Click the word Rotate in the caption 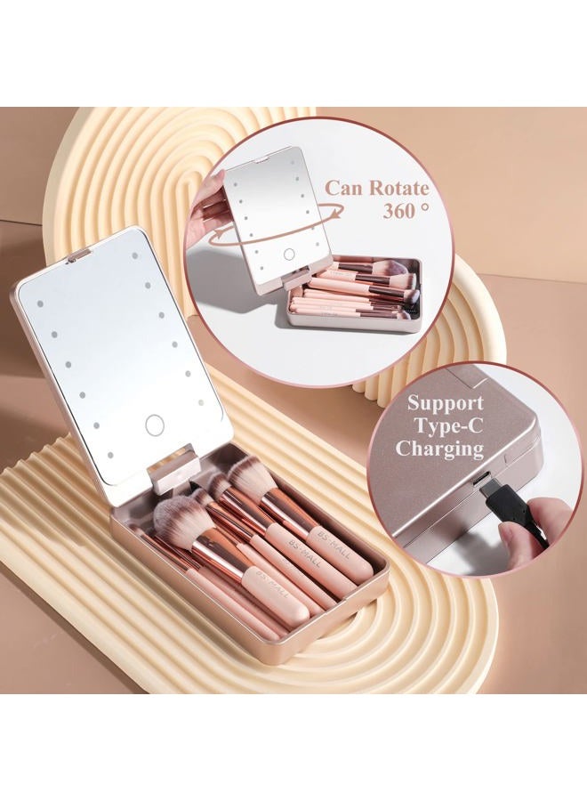[x=398, y=188]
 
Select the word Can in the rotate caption [x=344, y=188]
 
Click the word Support [x=445, y=403]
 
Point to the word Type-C [x=448, y=425]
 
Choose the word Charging [x=439, y=449]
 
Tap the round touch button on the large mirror [x=154, y=425]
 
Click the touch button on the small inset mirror [x=289, y=254]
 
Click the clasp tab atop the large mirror [x=78, y=255]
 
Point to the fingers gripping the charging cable [x=526, y=531]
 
